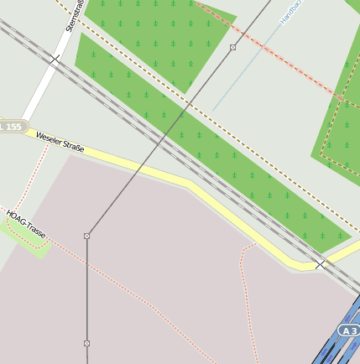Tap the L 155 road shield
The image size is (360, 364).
11,127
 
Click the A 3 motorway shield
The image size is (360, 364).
350,331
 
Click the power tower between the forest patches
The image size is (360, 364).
232,48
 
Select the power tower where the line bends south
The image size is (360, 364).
86,236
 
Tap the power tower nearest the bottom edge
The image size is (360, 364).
86,343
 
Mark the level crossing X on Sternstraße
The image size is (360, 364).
55,59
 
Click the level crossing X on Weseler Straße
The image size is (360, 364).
320,264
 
